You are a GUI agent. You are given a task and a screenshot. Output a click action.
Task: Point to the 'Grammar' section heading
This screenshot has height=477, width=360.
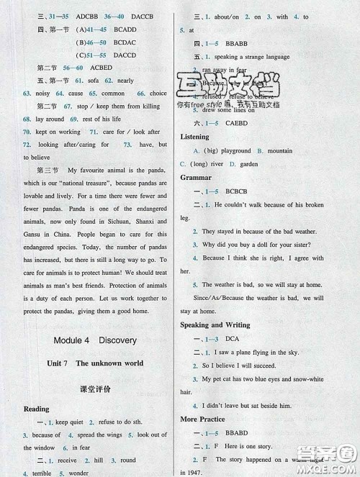(x=196, y=177)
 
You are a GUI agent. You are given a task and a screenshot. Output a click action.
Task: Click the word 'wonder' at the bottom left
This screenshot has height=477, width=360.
(x=78, y=473)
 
